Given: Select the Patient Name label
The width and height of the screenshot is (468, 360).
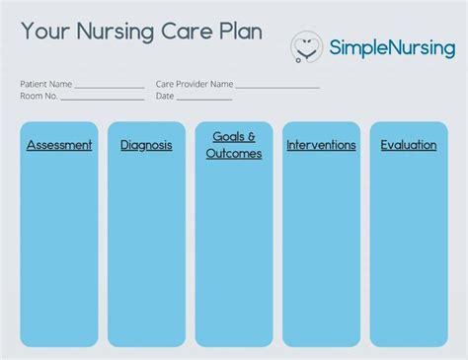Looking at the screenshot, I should pyautogui.click(x=46, y=85).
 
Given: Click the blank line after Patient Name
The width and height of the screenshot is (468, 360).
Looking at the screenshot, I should pyautogui.click(x=110, y=87).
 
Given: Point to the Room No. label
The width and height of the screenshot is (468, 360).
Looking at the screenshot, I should pyautogui.click(x=39, y=97).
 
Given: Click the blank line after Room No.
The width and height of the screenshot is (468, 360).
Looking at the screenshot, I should pyautogui.click(x=103, y=99).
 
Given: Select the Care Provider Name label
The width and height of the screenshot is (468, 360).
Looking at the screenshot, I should pyautogui.click(x=195, y=85).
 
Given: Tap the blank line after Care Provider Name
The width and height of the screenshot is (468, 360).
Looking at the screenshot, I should pyautogui.click(x=277, y=87).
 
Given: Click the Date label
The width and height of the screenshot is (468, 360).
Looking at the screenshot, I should pyautogui.click(x=165, y=97).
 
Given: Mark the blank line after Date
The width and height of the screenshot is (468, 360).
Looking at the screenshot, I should pyautogui.click(x=204, y=99).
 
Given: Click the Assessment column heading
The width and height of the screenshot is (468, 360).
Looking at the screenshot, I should pyautogui.click(x=59, y=145).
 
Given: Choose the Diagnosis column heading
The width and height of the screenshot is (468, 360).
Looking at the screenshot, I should pyautogui.click(x=146, y=145).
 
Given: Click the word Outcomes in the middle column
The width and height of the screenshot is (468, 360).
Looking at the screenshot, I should pyautogui.click(x=234, y=154).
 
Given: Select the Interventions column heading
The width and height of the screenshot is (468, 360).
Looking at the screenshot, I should pyautogui.click(x=321, y=145).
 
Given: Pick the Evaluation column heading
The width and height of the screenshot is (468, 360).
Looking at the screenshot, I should pyautogui.click(x=409, y=145).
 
